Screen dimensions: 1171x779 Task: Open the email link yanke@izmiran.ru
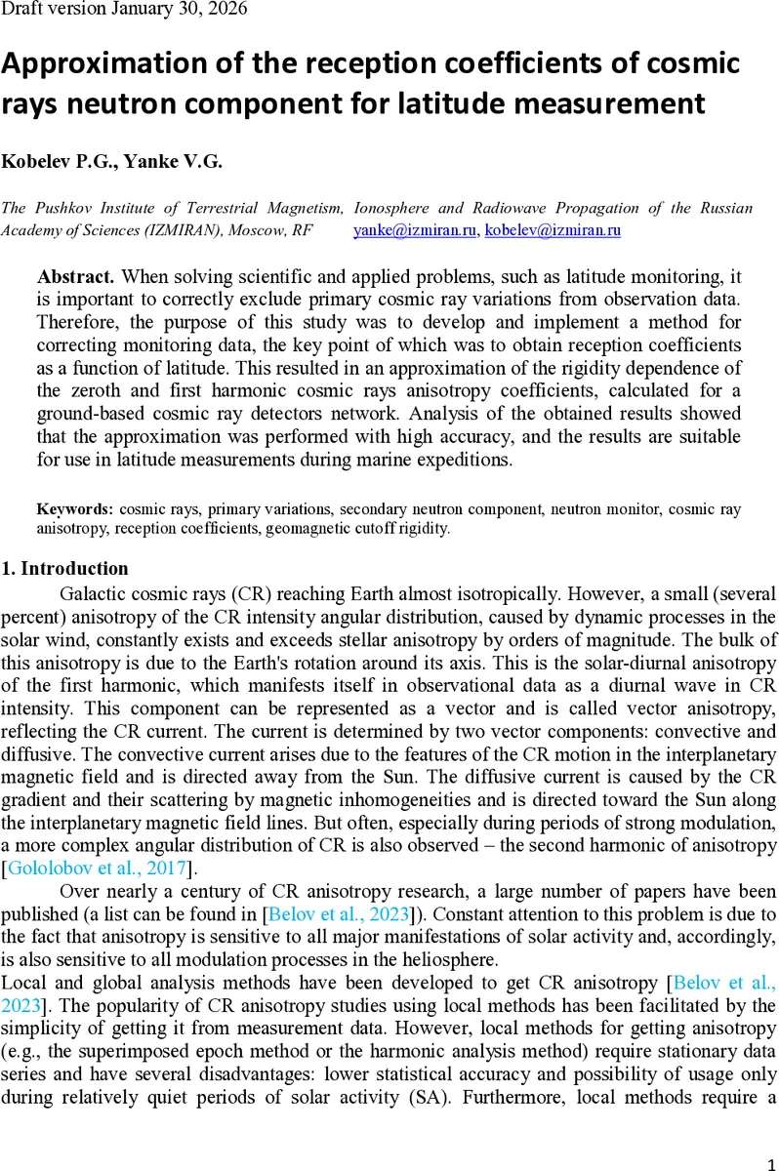[414, 230]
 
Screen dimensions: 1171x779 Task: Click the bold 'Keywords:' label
[75, 509]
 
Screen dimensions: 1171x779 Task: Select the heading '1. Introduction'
[65, 568]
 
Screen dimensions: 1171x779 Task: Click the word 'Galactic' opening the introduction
[93, 593]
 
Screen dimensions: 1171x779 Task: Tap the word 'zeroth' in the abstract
[95, 389]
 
